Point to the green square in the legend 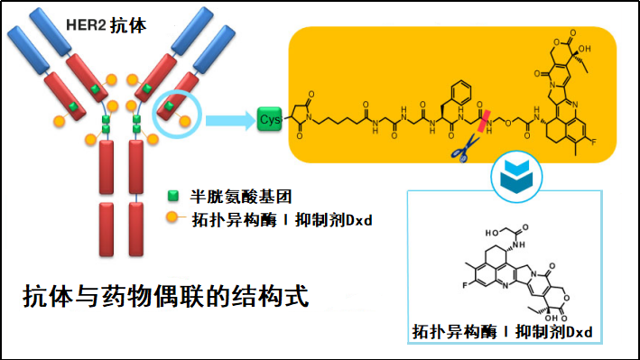(x=175, y=196)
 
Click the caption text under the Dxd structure (x=502, y=332)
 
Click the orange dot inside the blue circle (x=184, y=119)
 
